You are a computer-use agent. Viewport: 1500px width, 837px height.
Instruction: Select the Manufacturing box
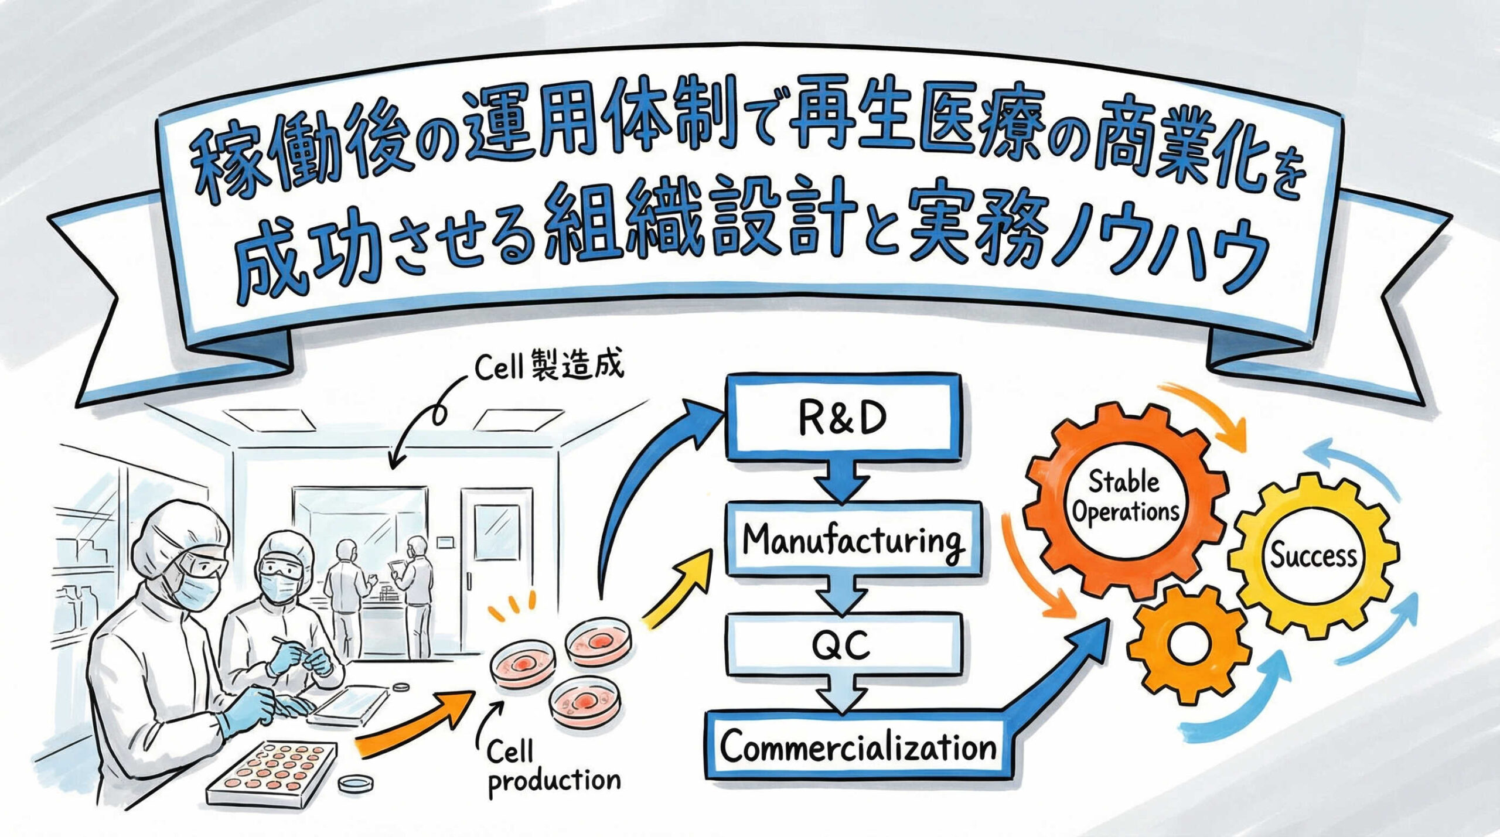[x=853, y=539]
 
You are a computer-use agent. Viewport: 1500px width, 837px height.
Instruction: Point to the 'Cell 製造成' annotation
[x=548, y=367]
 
